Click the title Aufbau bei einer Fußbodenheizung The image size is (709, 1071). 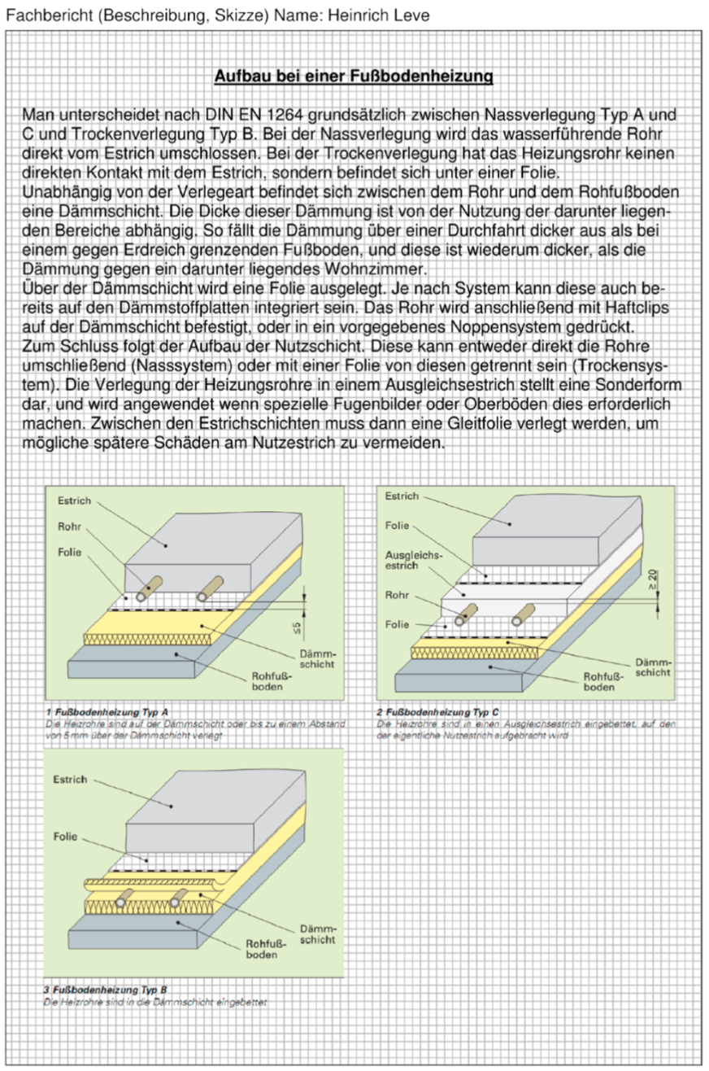pyautogui.click(x=354, y=77)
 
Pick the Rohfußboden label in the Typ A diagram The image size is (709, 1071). pyautogui.click(x=268, y=681)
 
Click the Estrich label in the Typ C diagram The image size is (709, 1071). pyautogui.click(x=402, y=496)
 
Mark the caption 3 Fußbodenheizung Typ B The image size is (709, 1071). pyautogui.click(x=105, y=990)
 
